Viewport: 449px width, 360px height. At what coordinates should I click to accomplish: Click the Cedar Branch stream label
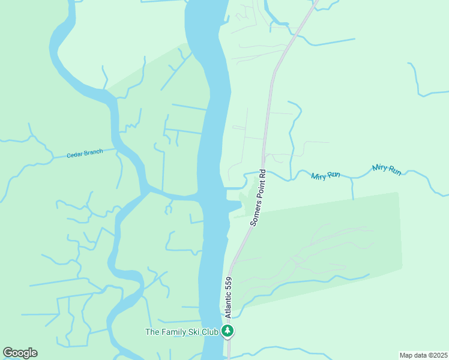pos(85,154)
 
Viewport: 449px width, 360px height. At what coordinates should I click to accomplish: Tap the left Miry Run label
pos(326,176)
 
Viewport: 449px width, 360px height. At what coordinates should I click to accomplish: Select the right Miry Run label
pos(387,170)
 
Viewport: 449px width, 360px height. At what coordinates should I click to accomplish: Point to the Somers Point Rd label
pos(258,197)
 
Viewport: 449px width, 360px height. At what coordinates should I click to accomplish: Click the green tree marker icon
pos(227,331)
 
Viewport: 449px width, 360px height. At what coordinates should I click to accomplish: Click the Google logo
pos(20,352)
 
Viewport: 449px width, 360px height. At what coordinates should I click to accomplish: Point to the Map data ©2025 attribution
pos(423,355)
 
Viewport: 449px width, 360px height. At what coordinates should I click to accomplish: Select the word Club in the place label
pos(209,331)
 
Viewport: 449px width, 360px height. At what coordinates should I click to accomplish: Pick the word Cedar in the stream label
pos(74,155)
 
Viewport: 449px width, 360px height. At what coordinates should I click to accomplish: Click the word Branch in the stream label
pos(92,152)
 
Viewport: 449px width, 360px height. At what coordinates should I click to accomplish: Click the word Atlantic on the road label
pos(228,305)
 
